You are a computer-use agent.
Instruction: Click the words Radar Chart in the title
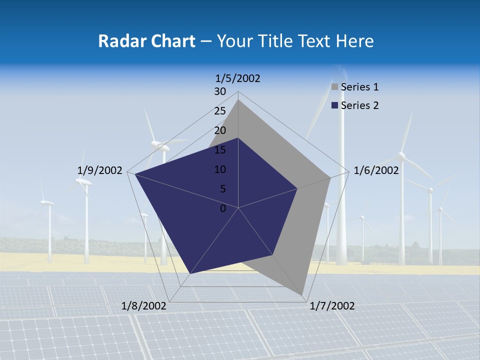pyautogui.click(x=146, y=41)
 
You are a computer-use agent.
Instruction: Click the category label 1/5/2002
pyautogui.click(x=237, y=78)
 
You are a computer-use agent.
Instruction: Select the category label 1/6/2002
pyautogui.click(x=376, y=170)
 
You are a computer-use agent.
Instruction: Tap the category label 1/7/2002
pyautogui.click(x=332, y=306)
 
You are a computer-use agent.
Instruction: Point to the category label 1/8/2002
pyautogui.click(x=144, y=306)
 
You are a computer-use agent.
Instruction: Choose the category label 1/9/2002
pyautogui.click(x=100, y=170)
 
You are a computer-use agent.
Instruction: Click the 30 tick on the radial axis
pyautogui.click(x=220, y=91)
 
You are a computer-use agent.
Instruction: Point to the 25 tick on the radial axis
pyautogui.click(x=220, y=111)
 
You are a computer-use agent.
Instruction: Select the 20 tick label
pyautogui.click(x=220, y=130)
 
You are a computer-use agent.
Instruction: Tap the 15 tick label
pyautogui.click(x=220, y=150)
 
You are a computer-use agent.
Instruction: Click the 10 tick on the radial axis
pyautogui.click(x=220, y=169)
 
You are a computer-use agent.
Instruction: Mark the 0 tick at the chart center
pyautogui.click(x=223, y=208)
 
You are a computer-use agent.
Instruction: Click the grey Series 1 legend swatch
pyautogui.click(x=335, y=87)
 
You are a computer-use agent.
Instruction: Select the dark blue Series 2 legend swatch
pyautogui.click(x=335, y=105)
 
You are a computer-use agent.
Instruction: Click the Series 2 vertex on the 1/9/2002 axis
pyautogui.click(x=135, y=173)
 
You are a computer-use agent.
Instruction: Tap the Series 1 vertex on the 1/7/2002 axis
pyautogui.click(x=302, y=294)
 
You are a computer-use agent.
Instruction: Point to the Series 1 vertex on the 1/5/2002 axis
pyautogui.click(x=238, y=100)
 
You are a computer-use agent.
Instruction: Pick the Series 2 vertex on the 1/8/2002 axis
pyautogui.click(x=190, y=274)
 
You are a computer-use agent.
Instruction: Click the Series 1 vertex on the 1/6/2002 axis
pyautogui.click(x=330, y=177)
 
